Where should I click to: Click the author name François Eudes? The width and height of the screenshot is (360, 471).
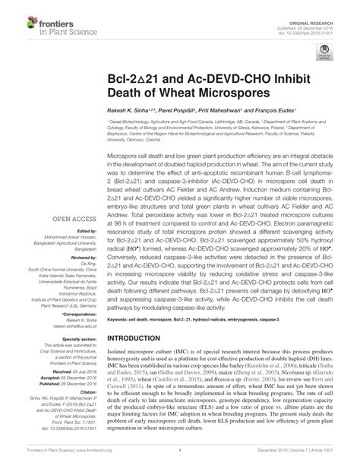click(276, 109)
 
